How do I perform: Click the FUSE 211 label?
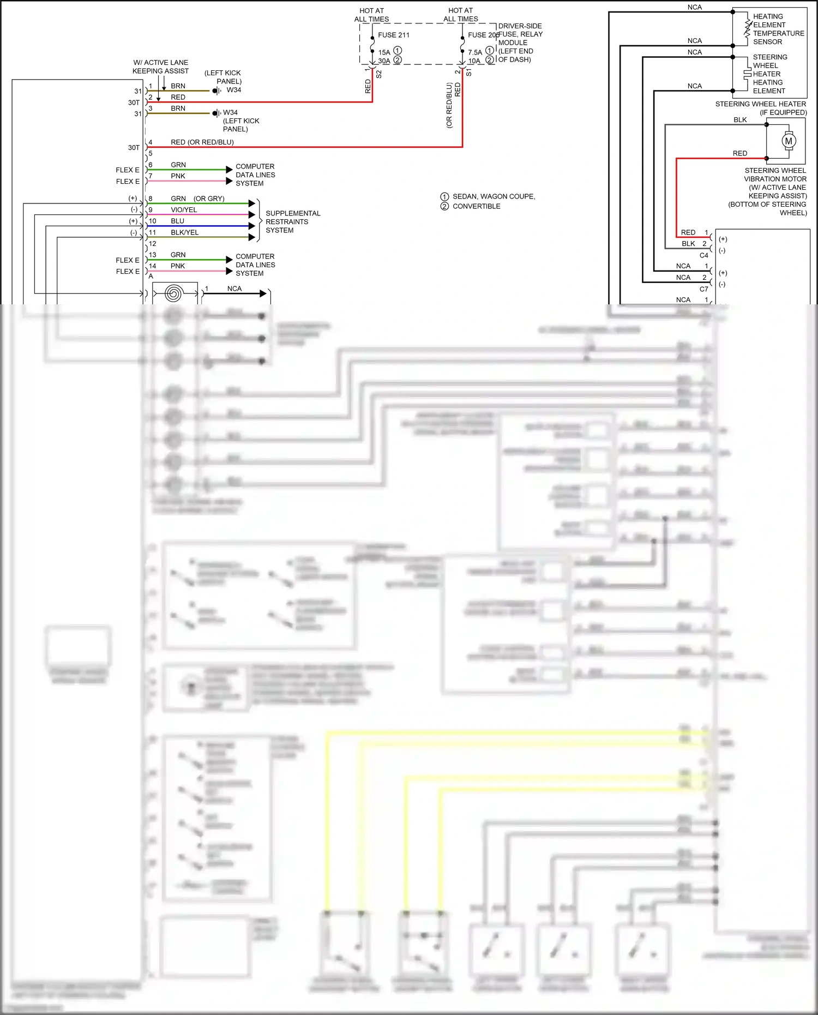point(393,35)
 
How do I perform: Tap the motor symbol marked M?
point(789,141)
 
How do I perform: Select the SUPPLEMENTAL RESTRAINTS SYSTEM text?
point(292,222)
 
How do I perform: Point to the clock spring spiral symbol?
point(173,294)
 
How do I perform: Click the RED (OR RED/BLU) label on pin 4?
point(202,142)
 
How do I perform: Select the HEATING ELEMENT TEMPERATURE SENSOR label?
point(778,29)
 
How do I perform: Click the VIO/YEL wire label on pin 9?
point(184,210)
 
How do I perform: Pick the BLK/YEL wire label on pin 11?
point(184,232)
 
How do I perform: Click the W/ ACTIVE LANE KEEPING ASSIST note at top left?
point(160,67)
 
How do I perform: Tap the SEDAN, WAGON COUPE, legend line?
point(493,196)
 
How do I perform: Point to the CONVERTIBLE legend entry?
point(476,206)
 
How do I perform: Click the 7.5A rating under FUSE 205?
point(474,52)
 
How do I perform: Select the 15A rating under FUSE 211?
point(384,52)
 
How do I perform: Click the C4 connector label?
point(703,255)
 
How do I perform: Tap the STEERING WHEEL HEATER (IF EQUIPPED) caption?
point(760,108)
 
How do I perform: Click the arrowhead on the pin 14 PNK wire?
point(229,271)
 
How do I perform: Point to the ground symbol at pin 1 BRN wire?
point(216,91)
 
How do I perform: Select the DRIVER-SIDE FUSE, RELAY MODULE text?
point(520,34)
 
